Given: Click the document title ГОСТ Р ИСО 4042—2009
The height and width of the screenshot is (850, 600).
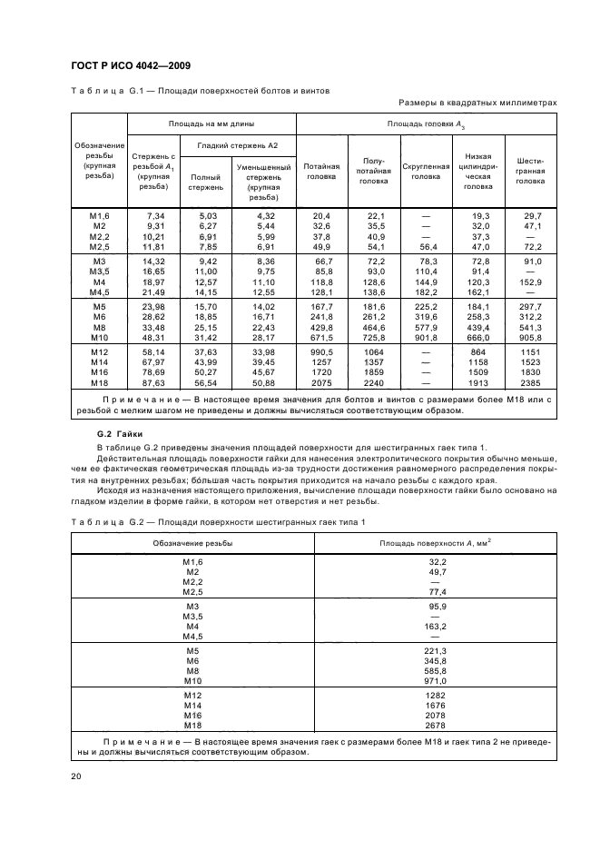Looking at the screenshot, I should point(130,64).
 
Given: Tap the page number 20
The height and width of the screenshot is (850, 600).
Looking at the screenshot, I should point(75,776).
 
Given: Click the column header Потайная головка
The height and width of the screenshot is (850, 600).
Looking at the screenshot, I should point(321,173).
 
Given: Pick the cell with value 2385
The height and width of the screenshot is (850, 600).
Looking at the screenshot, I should point(532,383).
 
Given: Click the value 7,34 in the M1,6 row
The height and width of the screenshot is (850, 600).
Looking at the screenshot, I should point(152,214).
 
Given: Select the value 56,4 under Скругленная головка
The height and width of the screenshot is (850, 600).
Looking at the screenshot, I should point(426,247).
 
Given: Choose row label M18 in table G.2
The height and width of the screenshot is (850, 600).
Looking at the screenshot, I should point(192,726).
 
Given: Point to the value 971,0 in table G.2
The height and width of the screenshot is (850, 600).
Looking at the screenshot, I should point(437,680).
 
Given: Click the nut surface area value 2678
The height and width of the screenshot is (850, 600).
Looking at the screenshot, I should point(437,726).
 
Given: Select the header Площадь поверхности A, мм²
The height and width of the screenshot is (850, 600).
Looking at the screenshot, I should point(437,542).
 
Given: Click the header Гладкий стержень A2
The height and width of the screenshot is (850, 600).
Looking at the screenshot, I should point(240,145).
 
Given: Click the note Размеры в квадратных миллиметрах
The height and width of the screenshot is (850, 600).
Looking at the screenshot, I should point(477,104).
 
